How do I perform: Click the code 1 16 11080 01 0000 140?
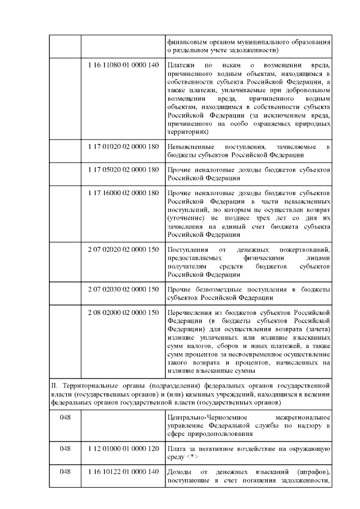124,66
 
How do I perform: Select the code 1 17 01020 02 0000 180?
124,147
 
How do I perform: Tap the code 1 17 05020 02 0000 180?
124,170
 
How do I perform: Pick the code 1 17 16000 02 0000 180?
124,193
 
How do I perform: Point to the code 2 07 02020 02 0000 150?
124,249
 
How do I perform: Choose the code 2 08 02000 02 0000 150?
124,312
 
